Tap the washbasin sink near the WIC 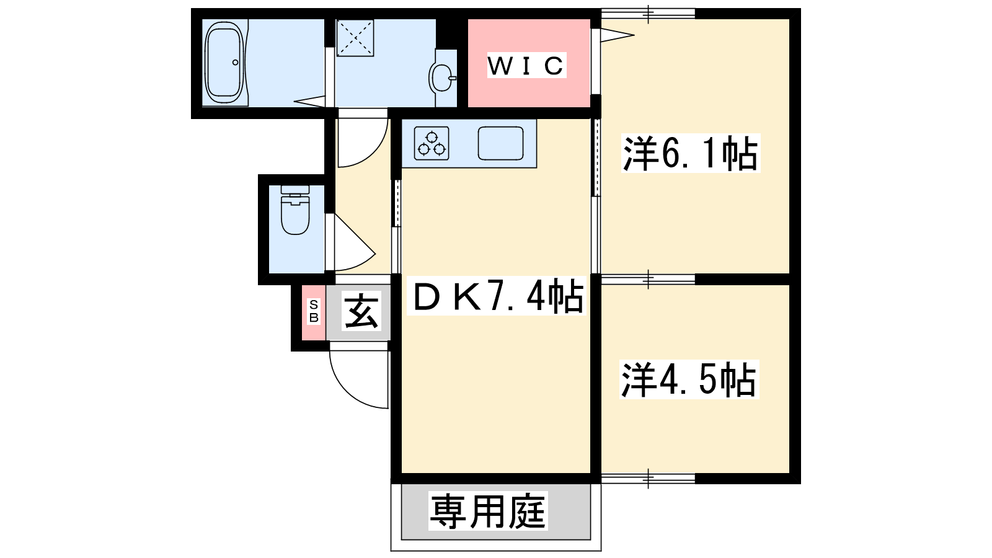(x=442, y=77)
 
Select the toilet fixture (x=295, y=211)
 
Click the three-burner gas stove (x=431, y=143)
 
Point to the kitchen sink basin (x=500, y=143)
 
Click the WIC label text (x=526, y=65)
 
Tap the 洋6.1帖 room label (x=689, y=153)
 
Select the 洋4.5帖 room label (x=688, y=379)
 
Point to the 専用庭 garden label (x=488, y=511)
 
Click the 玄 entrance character (x=361, y=311)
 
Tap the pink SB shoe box (x=314, y=311)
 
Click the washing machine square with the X (x=355, y=38)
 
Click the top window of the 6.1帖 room (x=648, y=12)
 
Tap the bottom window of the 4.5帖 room (x=648, y=478)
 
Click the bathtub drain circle (x=235, y=62)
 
